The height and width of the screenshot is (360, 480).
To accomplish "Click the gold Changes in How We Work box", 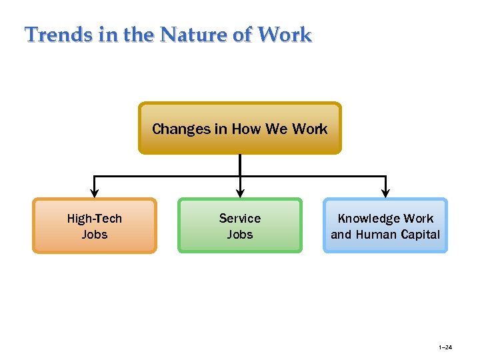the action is coord(239,128).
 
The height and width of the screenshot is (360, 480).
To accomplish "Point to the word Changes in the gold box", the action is coord(181,129).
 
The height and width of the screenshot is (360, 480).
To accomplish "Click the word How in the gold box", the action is coord(246,129).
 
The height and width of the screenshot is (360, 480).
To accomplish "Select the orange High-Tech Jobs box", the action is coord(95,225).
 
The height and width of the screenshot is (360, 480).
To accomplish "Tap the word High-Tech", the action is coord(95,218).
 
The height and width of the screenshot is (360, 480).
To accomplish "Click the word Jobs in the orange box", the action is coord(95,234).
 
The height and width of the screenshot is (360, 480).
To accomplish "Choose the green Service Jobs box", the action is coord(240,225).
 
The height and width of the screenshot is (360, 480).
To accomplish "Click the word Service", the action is coord(240,218).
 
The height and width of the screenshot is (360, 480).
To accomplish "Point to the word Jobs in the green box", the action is coord(240,234).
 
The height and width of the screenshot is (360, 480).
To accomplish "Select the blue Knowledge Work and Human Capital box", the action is coord(385,225).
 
